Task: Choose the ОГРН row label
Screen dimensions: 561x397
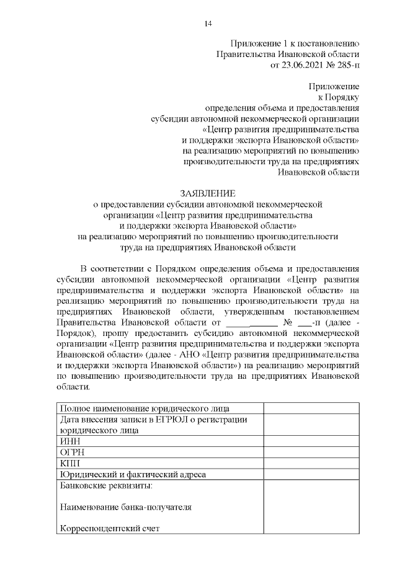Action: coord(71,453)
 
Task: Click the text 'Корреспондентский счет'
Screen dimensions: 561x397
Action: coord(110,529)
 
